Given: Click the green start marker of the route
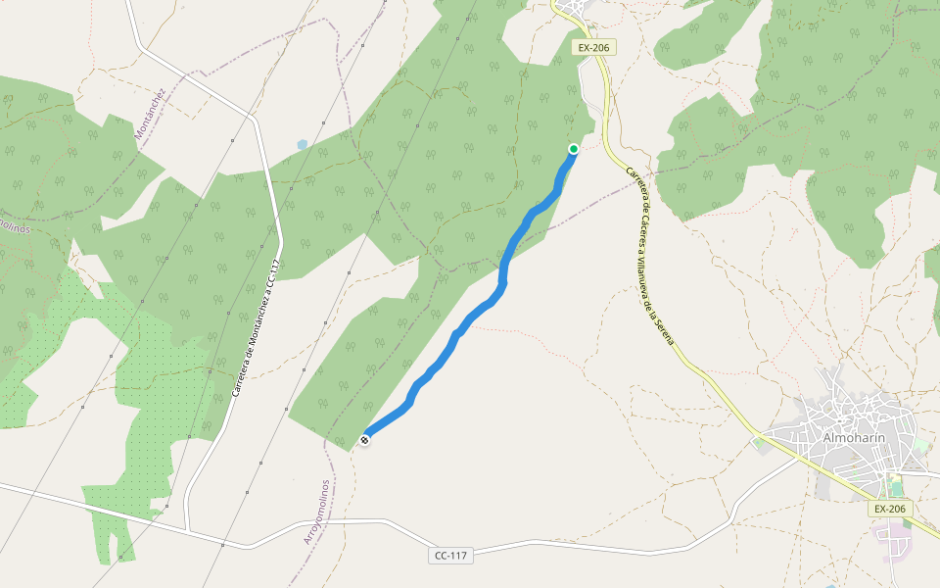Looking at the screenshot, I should (574, 149).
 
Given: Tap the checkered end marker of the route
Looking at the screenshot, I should (364, 440).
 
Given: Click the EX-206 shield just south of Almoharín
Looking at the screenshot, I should (890, 509).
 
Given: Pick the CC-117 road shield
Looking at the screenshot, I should (450, 556).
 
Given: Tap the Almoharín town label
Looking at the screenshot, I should (854, 437).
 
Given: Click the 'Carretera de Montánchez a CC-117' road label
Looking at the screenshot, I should (256, 329).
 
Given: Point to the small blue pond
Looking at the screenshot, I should (302, 144).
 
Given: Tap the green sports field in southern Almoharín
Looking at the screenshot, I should (895, 485).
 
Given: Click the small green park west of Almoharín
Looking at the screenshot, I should (761, 446).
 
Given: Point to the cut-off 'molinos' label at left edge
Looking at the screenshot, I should (11, 224).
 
